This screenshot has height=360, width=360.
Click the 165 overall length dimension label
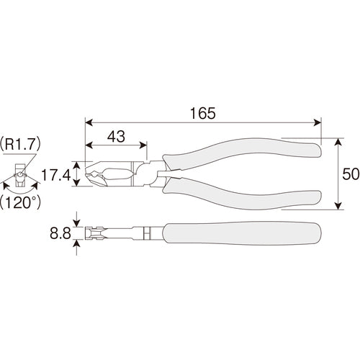coord(203,113)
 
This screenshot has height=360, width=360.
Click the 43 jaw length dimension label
coord(116,136)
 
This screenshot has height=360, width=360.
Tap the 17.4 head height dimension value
coord(56,175)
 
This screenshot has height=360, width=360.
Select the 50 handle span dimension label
coord(351,174)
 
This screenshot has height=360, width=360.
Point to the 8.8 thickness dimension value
coord(60,233)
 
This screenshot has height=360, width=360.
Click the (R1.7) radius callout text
coord(20,144)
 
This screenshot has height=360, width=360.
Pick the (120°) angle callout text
coord(20,203)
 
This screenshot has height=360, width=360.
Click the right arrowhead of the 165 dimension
coord(318,122)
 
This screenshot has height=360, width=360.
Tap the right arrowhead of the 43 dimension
coord(143,145)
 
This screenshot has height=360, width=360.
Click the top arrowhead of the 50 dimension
coord(338,142)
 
